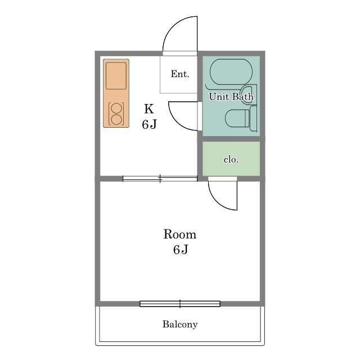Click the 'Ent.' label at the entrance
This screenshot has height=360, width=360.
point(180,74)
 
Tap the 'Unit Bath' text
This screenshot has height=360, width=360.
point(231,97)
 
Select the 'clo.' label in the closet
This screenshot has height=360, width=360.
point(231,159)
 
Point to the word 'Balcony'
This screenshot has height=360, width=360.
point(180,325)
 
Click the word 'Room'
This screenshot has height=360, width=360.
point(180,235)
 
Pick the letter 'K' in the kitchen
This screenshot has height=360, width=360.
point(148,109)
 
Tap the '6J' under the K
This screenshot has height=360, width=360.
point(149,124)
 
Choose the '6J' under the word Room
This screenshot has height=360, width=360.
point(181,250)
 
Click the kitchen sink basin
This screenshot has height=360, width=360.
point(116,76)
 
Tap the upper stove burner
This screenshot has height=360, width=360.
point(116,109)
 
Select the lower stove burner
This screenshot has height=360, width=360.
point(116,120)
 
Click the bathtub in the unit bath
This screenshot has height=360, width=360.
point(231,72)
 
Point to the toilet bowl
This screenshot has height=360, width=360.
point(237,118)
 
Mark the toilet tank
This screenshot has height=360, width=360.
point(253,119)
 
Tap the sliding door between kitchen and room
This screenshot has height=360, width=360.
point(160,178)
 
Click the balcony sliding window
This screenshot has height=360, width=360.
point(180,304)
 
